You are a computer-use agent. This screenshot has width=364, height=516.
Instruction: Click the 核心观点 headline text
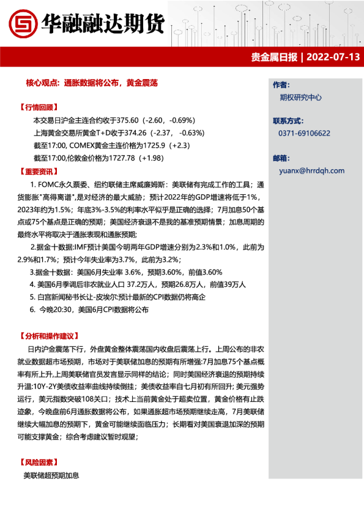(92, 82)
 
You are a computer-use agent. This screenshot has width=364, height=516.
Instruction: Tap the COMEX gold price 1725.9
(160, 146)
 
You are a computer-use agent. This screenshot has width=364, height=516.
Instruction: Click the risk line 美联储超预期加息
(51, 475)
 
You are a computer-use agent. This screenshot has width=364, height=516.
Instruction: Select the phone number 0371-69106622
(304, 133)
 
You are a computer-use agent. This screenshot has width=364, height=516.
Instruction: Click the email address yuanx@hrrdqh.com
(311, 171)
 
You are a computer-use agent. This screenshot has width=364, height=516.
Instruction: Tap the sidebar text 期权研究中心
(300, 97)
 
